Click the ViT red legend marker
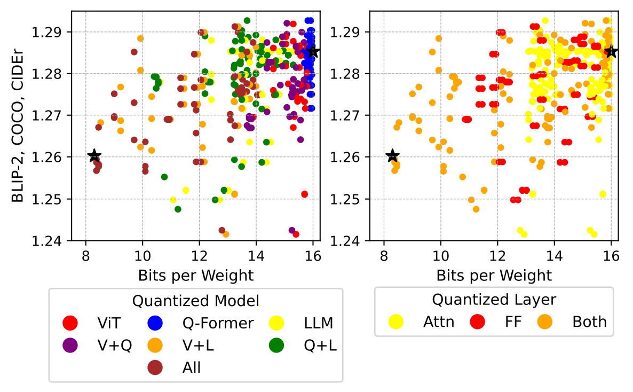70,323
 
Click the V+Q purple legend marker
70,345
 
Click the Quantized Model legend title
195,301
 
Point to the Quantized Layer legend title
494,300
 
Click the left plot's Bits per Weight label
195,276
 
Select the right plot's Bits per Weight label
494,276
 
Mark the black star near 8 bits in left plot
94,156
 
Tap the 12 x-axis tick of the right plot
497,255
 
